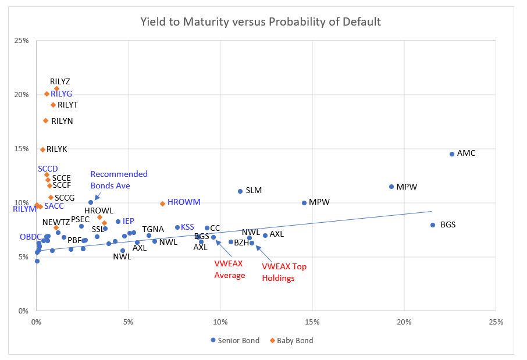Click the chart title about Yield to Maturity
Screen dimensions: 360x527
tap(261, 22)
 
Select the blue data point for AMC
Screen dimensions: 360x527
tap(451, 154)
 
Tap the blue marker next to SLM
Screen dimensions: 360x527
tap(240, 191)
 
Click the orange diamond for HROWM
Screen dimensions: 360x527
tap(162, 204)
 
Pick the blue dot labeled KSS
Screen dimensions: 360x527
tap(177, 227)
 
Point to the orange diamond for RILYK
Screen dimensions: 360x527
tap(42, 150)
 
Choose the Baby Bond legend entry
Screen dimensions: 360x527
tap(292, 340)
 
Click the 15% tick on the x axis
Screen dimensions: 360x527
tap(312, 322)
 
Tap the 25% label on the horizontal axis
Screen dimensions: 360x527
tap(496, 322)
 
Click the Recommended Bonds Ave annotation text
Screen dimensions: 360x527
tap(119, 180)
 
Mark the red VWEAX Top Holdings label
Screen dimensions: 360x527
tap(284, 272)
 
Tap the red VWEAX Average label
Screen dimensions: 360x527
tap(230, 270)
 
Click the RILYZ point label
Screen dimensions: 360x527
tap(60, 81)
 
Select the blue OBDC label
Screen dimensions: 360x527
tap(30, 237)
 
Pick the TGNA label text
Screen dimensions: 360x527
tap(153, 229)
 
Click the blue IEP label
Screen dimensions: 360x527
tap(129, 221)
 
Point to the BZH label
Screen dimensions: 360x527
tap(241, 243)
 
